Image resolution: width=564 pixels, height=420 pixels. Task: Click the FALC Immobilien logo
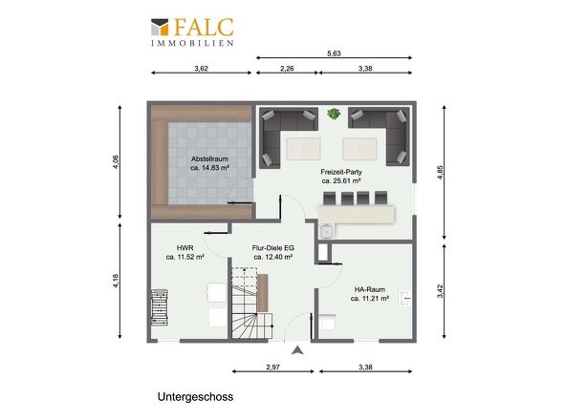coord(192,31)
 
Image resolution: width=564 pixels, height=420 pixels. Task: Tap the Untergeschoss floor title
coord(195,397)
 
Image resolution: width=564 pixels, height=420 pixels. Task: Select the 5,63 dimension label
coord(334,53)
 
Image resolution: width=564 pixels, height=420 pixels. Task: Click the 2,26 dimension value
coord(287,69)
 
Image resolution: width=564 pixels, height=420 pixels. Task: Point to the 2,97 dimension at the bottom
coord(273,367)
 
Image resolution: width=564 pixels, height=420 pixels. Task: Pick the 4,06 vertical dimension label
coord(116,161)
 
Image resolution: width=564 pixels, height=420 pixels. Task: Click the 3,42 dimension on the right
coord(440,291)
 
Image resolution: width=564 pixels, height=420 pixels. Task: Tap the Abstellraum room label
coord(209,158)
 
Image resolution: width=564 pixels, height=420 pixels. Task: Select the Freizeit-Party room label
coord(341,172)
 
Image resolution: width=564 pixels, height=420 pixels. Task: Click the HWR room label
coord(185,248)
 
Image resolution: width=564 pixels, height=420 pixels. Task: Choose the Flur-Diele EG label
coord(273,248)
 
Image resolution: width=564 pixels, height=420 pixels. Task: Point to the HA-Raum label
coord(370,289)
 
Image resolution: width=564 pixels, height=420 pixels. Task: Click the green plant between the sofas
coord(335,114)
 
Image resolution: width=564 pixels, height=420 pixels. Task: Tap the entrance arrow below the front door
coord(297,350)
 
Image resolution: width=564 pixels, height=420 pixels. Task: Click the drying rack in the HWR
coord(160,307)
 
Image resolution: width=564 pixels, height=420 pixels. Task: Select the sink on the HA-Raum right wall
coord(405,298)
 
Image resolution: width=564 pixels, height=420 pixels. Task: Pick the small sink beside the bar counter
coord(327,231)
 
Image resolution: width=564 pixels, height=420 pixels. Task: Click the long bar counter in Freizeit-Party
coord(356,214)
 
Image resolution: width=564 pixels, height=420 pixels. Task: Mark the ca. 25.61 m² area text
coord(341,181)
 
